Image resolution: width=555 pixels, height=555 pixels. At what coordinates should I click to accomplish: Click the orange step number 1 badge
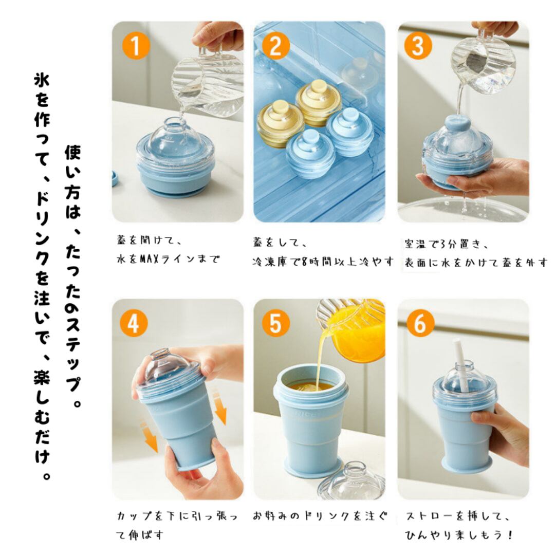tap(136, 46)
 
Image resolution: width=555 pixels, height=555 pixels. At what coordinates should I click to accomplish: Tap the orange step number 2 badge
tap(276, 46)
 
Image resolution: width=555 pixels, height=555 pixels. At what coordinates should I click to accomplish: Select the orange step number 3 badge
tap(418, 46)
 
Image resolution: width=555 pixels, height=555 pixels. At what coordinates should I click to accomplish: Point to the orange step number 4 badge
tap(133, 324)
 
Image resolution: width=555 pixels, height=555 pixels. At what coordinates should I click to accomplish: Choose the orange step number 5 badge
tap(276, 324)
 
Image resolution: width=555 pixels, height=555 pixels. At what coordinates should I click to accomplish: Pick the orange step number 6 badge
tap(420, 324)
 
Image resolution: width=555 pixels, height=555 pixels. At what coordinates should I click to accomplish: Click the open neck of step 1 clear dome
tap(175, 124)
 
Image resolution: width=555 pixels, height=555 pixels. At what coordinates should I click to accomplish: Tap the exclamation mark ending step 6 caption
tap(510, 534)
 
